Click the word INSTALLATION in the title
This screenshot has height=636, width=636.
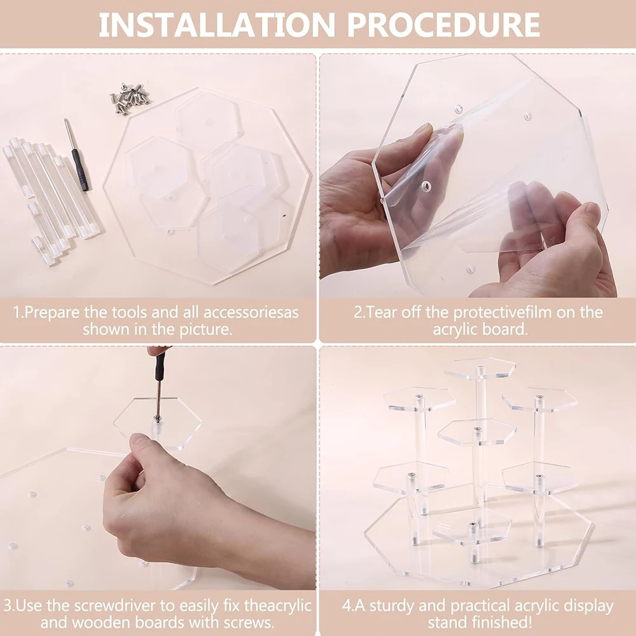(217, 25)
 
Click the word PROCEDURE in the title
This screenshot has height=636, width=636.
(443, 25)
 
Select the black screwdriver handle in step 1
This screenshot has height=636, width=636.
(80, 170)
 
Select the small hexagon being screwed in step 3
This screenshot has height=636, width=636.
(157, 423)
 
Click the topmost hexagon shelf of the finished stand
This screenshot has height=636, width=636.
(480, 368)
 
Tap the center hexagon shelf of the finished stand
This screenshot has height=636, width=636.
(477, 432)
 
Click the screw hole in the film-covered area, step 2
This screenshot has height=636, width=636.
(425, 186)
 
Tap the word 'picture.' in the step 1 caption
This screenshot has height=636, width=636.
(206, 329)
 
